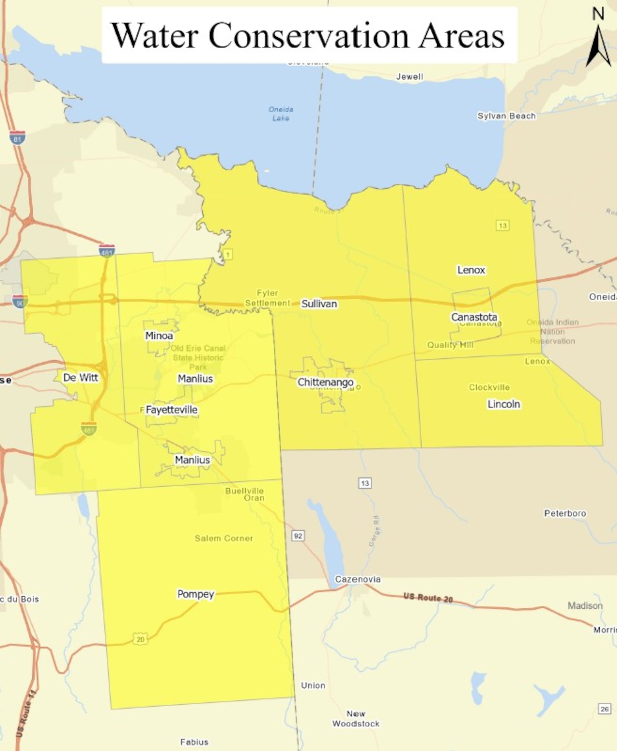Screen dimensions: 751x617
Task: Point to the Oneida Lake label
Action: tap(281, 114)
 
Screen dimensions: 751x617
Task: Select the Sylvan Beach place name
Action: tap(506, 116)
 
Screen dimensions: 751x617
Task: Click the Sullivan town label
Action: tap(319, 304)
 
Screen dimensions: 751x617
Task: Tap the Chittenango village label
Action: tap(325, 382)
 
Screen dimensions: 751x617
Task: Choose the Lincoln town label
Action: tap(504, 404)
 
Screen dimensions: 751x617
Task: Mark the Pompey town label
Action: tap(196, 594)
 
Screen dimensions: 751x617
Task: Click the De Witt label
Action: tap(80, 378)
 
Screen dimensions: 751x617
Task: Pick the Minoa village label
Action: tap(159, 336)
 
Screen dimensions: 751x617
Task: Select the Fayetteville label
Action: tap(172, 410)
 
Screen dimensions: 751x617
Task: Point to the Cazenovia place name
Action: tap(358, 579)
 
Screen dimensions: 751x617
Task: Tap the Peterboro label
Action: tap(565, 513)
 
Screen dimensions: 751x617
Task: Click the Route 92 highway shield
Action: tap(298, 536)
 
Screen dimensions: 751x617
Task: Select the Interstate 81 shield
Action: tap(17, 138)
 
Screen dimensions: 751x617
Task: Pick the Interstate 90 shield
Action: tap(20, 302)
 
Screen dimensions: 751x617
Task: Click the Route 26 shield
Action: tap(604, 709)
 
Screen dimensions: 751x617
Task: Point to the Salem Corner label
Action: tap(224, 538)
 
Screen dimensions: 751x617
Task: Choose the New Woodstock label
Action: tap(356, 719)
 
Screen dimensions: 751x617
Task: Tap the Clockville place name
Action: tap(489, 387)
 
